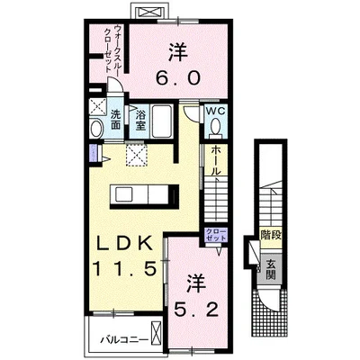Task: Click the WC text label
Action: click(x=215, y=111)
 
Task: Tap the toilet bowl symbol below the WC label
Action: click(x=215, y=127)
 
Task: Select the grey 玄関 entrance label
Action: click(x=270, y=267)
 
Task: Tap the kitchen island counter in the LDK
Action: click(x=143, y=194)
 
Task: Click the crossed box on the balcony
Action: click(x=157, y=339)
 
